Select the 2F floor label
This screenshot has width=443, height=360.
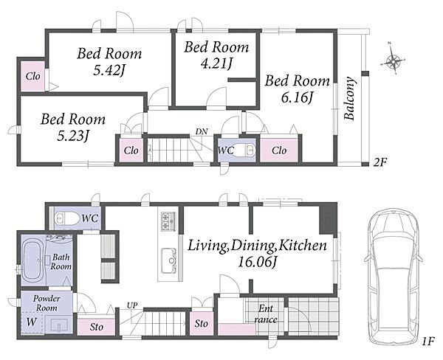380,162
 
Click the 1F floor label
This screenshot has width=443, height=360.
427,342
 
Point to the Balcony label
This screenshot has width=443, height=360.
349,98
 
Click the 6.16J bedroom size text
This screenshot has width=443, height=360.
297,98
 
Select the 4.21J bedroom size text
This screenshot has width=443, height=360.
216,63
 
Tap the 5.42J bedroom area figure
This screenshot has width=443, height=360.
109,70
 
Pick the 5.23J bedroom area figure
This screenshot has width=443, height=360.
73,136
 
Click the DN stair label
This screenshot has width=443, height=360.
202,131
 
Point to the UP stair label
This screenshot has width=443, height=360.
132,305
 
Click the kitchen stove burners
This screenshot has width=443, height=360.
168,221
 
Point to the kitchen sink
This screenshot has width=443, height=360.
168,260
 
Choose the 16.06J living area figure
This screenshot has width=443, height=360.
257,263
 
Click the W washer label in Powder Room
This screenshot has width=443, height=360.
31,322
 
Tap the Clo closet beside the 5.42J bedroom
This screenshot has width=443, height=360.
32,76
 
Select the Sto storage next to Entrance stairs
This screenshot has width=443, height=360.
201,323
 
